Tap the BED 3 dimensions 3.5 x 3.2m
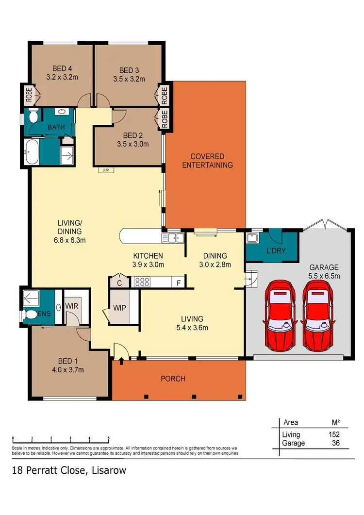coord(128,79)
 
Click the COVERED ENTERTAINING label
coord(207,161)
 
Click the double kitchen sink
coord(172,237)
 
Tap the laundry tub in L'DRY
coord(252,237)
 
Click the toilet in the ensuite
coord(31,315)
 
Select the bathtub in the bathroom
coord(32,151)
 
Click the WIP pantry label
coord(119,308)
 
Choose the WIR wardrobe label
coord(72,306)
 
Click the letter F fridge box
coord(179,281)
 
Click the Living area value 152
coord(333,434)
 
